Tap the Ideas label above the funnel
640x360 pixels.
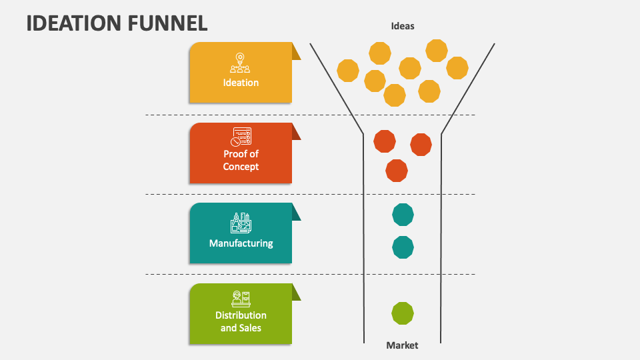coord(403,26)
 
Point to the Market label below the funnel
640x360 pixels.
coord(402,345)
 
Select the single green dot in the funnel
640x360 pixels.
coord(403,313)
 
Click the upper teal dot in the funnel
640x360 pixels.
coord(403,215)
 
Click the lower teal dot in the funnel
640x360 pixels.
coord(403,247)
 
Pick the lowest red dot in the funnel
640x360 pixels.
coord(397,171)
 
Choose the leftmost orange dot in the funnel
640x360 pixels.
coord(348,71)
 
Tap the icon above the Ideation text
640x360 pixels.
coord(241,63)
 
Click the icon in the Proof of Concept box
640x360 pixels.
coord(241,137)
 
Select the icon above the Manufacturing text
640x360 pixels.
coord(241,222)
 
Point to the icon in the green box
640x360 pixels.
coord(241,298)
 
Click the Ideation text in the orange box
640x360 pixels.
coord(241,83)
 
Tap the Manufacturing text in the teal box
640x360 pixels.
coord(241,243)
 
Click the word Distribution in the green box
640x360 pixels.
coord(241,315)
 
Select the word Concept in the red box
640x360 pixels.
coord(241,167)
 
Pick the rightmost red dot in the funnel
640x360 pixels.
coord(421,145)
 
